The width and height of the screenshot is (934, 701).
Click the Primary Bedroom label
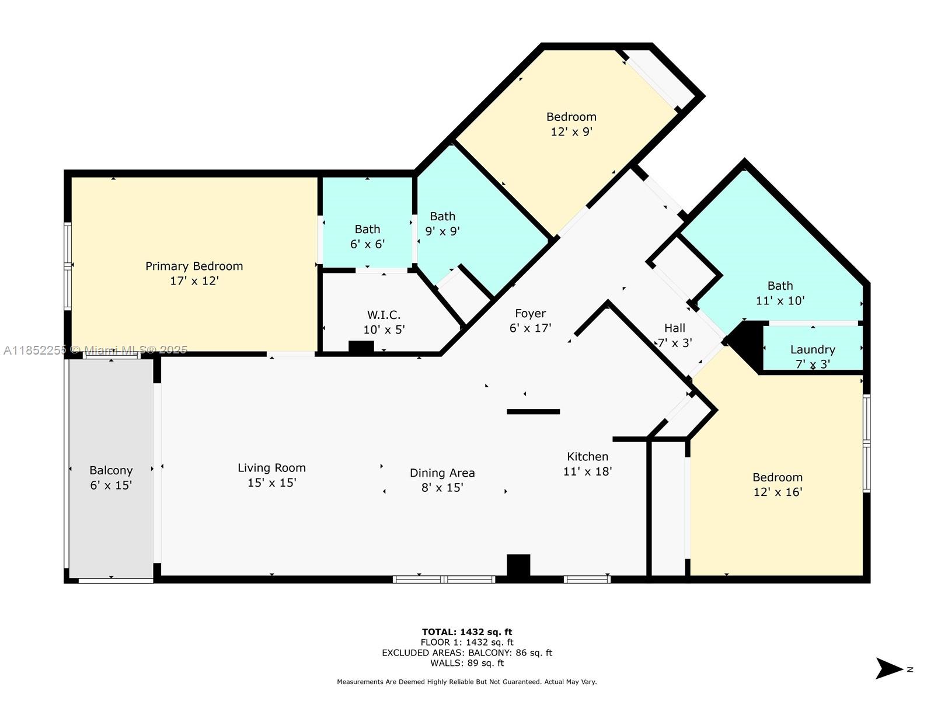coord(194,266)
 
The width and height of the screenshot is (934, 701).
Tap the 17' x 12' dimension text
coord(194,281)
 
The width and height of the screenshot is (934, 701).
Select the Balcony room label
coord(111,471)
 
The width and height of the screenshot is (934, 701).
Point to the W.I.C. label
coord(384,315)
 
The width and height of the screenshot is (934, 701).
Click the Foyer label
coord(530,314)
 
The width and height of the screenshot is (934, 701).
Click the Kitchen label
coord(587,457)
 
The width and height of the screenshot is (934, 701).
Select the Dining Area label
coord(442,473)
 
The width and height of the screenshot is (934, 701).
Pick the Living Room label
coord(271,468)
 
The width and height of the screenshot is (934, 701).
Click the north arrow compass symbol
coord(890,669)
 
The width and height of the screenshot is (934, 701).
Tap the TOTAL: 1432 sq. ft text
coord(467,631)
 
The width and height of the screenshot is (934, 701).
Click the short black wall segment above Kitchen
coord(533,412)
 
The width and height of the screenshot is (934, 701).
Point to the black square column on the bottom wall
coord(518,565)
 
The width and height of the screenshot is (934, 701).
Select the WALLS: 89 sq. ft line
coord(467,663)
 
